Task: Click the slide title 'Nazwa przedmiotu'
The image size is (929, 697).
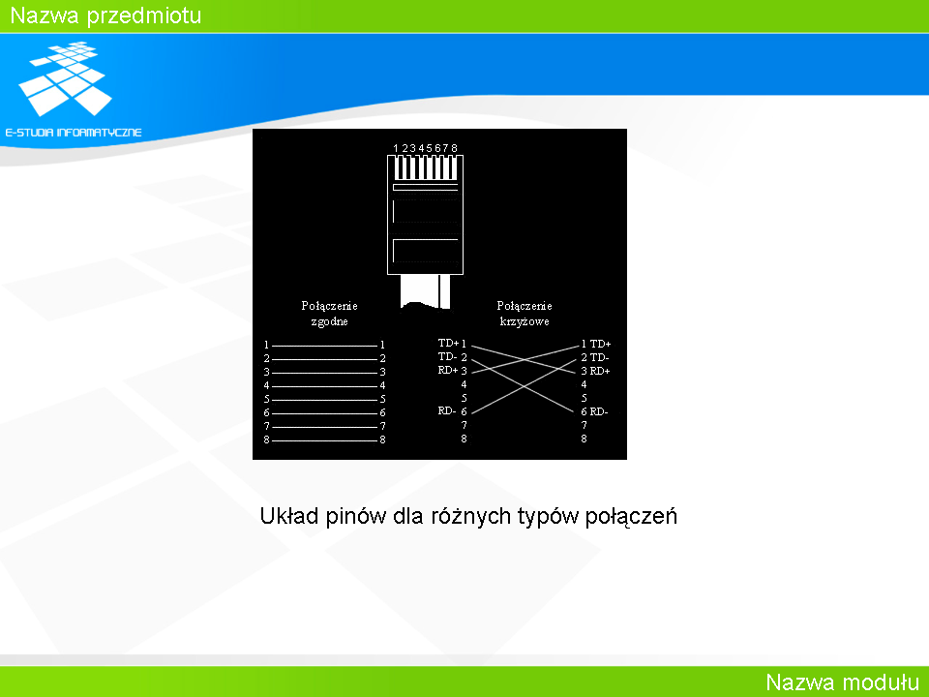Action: tap(106, 16)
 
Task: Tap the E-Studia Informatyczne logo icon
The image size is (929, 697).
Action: tap(66, 78)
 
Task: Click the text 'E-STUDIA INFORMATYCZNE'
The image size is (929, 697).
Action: tap(74, 133)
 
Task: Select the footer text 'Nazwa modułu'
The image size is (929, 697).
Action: tap(842, 682)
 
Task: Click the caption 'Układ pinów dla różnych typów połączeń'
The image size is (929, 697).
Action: tap(468, 516)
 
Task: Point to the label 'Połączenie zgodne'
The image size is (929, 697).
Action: tap(329, 314)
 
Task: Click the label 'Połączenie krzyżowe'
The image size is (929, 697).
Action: tap(524, 314)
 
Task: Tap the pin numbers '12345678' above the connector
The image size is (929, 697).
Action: tap(426, 148)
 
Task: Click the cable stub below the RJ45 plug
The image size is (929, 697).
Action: tap(426, 291)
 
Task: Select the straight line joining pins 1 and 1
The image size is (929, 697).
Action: tap(325, 346)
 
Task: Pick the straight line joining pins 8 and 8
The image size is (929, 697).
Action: tap(325, 440)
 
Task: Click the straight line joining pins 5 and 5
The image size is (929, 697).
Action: tap(325, 400)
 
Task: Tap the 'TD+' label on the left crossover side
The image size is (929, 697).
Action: tap(448, 343)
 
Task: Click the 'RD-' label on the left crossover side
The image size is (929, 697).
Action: tap(447, 410)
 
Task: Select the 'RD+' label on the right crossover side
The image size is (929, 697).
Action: tap(600, 371)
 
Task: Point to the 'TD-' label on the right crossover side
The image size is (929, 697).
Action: tap(600, 357)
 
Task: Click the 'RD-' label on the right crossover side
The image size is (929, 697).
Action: tap(599, 411)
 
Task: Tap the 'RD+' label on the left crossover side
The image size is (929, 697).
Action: tap(448, 371)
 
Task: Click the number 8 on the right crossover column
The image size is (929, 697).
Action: tap(584, 439)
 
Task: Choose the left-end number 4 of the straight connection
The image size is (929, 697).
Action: tap(267, 386)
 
